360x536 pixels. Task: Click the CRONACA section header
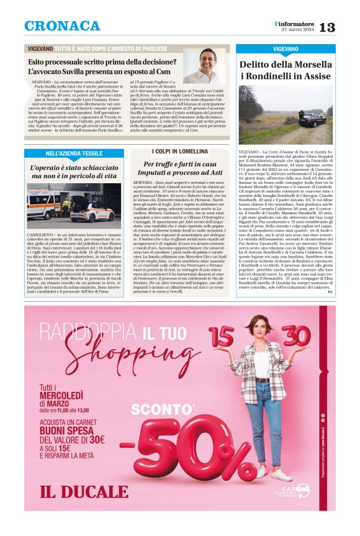(62, 26)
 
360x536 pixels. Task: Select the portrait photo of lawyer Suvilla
(204, 66)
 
